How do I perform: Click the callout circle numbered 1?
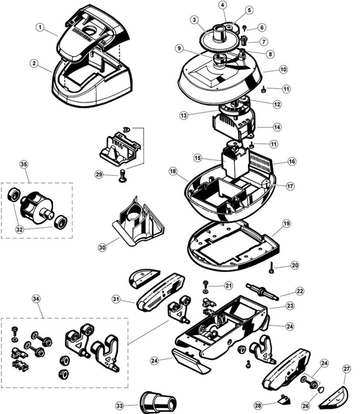click(x=40, y=27)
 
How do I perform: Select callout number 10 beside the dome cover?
click(x=283, y=69)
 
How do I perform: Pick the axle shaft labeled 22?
click(x=262, y=291)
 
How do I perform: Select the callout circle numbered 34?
click(x=36, y=299)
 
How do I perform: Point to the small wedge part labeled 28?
click(x=283, y=400)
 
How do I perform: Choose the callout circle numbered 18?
click(x=173, y=171)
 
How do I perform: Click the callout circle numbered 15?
click(x=198, y=158)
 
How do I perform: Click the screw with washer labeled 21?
click(x=206, y=285)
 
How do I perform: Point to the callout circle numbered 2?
click(x=34, y=63)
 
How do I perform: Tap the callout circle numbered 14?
click(x=277, y=127)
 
